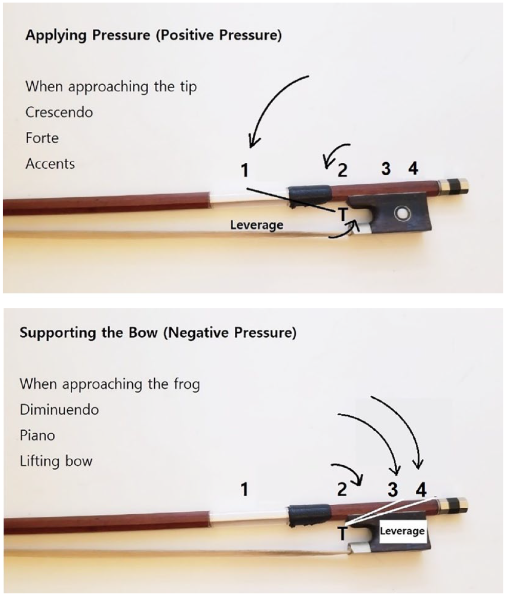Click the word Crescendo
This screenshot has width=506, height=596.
(59, 112)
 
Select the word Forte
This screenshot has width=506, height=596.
(42, 138)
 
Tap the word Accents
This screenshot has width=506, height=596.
(50, 164)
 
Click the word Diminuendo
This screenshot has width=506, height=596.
(59, 410)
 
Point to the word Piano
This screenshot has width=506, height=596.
(37, 435)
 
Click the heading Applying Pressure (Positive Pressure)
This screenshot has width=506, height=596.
(154, 35)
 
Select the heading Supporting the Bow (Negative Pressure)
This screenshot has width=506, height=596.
(158, 333)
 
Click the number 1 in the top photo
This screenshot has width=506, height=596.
(245, 170)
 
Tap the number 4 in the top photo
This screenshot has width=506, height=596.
(413, 168)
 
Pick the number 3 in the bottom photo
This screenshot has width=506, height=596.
(393, 489)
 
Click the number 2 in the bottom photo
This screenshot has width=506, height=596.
(342, 489)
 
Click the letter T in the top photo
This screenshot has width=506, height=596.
(343, 215)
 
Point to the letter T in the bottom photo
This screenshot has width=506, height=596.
(343, 533)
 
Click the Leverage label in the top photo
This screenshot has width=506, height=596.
(257, 225)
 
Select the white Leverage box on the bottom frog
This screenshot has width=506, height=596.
(402, 531)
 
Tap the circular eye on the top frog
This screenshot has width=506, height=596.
(400, 214)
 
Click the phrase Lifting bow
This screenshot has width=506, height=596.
(56, 461)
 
